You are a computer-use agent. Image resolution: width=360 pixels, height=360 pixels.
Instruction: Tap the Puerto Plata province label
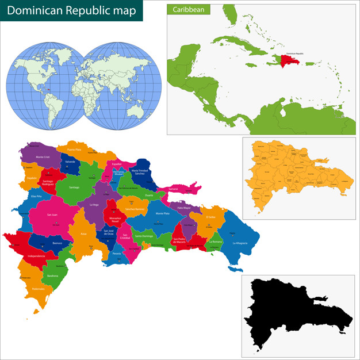[x=74, y=150]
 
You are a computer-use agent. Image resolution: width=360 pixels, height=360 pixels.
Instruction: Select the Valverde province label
[x=70, y=162]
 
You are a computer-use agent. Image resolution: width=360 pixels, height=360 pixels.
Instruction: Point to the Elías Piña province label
[x=37, y=196]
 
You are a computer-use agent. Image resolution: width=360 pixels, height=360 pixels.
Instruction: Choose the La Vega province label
[x=94, y=204]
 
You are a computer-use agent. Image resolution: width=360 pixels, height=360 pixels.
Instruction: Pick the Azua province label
[x=83, y=233]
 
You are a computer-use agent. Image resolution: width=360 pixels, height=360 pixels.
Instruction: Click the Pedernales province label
[x=38, y=288]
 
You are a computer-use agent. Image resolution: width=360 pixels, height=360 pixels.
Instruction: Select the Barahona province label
[x=53, y=276]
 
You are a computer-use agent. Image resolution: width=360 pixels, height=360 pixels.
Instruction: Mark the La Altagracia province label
[x=240, y=243]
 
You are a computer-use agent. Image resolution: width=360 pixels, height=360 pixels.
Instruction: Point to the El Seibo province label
[x=210, y=217]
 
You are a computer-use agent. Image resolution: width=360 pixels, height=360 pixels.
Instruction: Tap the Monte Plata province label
[x=162, y=213]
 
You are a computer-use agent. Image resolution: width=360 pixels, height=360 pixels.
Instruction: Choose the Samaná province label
[x=173, y=189]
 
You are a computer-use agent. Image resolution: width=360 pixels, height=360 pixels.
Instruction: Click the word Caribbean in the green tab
[x=189, y=9]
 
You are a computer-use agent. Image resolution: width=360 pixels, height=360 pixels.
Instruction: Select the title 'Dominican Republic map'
[x=71, y=11]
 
